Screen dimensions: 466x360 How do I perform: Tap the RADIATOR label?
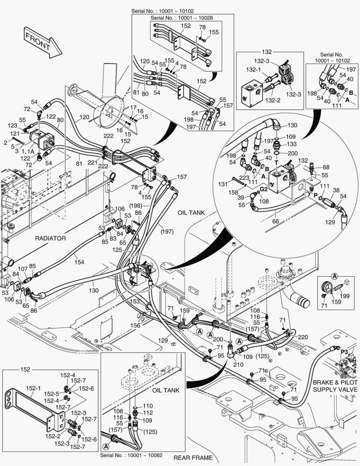click(50, 238)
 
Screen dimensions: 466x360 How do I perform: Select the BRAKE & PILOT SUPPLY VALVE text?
click(335, 386)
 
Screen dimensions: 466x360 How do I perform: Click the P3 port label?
click(344, 352)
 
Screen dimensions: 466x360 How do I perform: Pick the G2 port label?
click(263, 189)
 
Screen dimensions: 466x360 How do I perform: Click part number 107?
click(22, 269)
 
